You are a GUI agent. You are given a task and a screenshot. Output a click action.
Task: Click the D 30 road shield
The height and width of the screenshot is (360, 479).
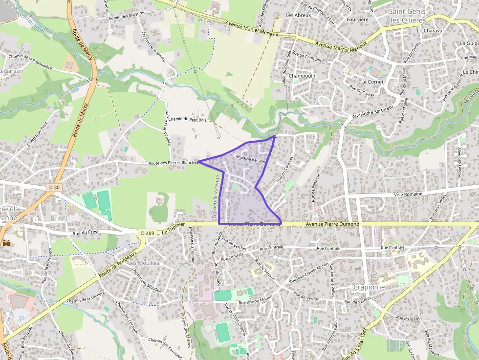point(55,187)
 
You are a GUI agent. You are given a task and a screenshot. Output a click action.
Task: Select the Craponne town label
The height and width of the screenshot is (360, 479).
point(369,287)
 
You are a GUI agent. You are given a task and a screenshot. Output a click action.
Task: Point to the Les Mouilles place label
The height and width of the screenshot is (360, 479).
point(139,263)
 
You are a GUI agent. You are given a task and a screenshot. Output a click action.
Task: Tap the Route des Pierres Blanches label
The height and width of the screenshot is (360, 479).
point(173,163)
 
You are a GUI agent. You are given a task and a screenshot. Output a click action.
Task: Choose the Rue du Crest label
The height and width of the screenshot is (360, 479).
point(83,233)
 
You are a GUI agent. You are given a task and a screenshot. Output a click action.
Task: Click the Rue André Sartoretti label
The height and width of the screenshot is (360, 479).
point(373,112)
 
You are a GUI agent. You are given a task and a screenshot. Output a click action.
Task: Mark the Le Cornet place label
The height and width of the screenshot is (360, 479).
point(372,82)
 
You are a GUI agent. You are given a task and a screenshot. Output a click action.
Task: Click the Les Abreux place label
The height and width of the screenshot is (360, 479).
point(298,15)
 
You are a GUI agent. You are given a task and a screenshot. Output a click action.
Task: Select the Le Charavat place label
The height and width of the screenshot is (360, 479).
point(431,30)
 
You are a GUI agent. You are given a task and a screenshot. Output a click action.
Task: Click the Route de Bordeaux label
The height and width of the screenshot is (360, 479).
point(116,267)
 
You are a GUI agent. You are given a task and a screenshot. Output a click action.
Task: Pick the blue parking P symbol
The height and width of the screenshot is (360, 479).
point(21,318)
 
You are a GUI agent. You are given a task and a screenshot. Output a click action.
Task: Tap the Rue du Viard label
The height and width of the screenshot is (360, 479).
point(408,318)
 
